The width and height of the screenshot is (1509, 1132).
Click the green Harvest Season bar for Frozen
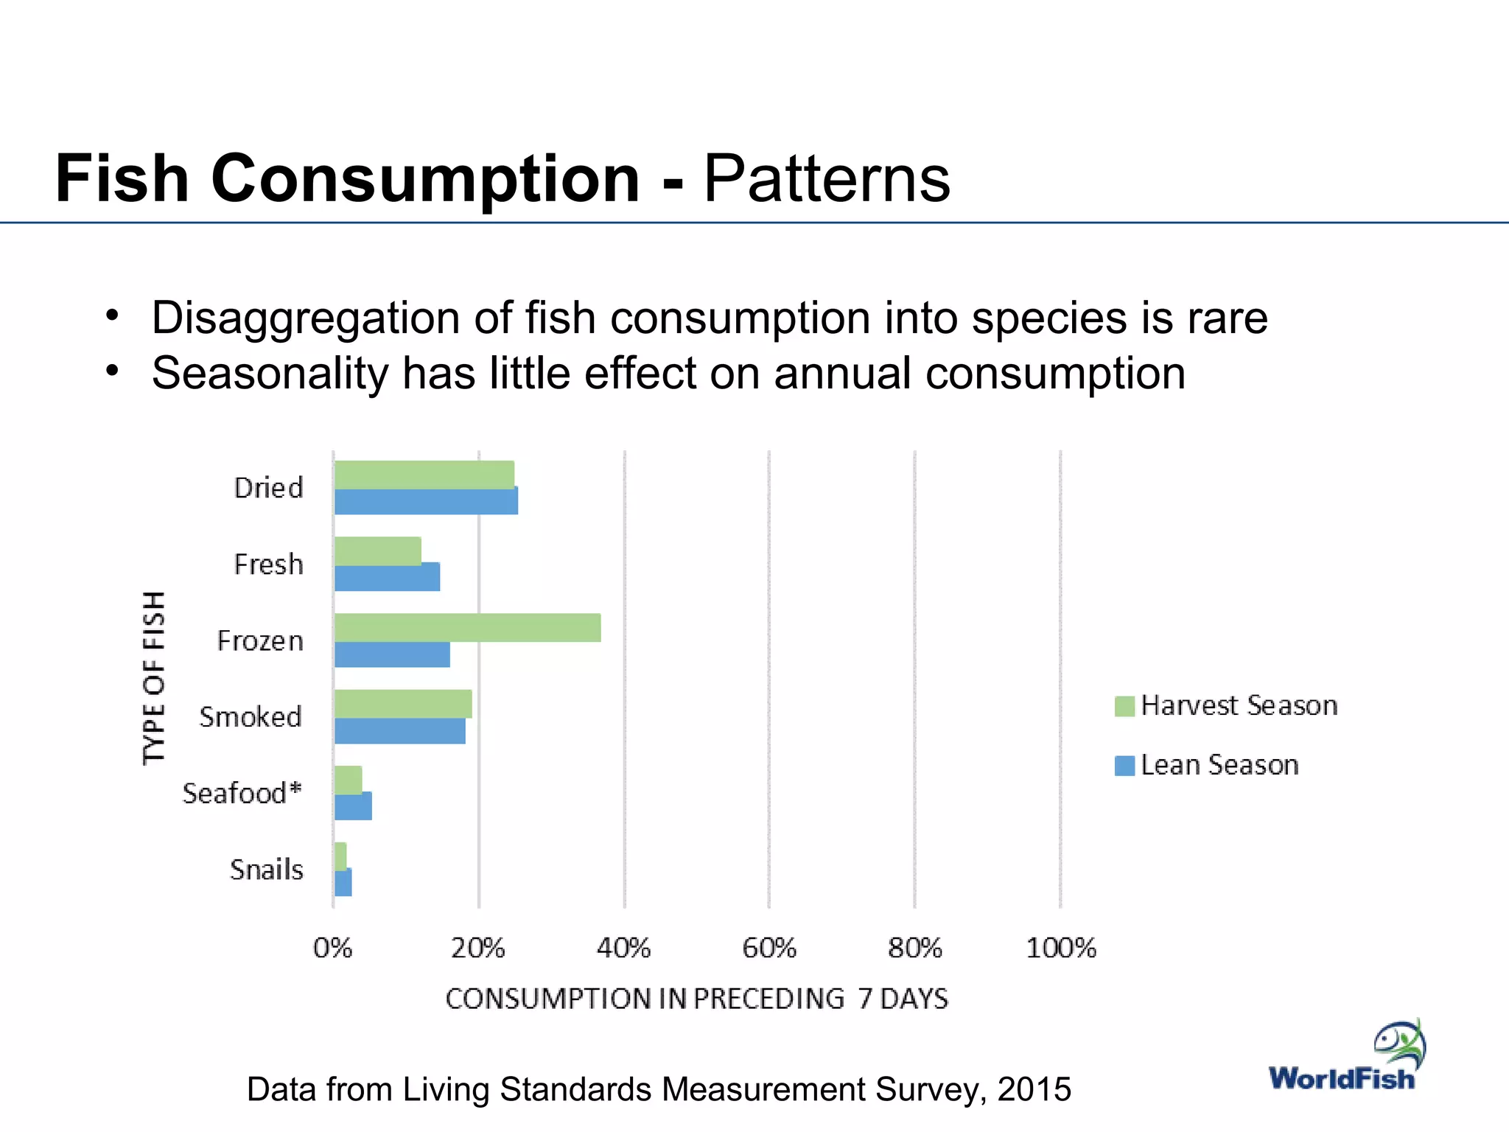tap(467, 627)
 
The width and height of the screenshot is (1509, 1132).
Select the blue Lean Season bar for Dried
tap(426, 501)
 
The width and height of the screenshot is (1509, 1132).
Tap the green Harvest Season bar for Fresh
tap(377, 551)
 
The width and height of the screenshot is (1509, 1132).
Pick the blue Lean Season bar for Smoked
tap(399, 731)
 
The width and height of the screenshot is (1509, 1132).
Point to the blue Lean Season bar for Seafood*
tap(353, 806)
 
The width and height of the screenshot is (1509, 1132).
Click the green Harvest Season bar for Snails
tap(340, 856)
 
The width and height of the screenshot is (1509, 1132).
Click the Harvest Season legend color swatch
tap(1124, 706)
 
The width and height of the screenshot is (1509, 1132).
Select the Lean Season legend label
tap(1219, 765)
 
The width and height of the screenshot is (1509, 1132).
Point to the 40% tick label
tap(623, 948)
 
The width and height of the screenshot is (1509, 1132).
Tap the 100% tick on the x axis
tap(1061, 948)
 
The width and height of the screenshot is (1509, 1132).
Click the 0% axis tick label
tap(333, 948)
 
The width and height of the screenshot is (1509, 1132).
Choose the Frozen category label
tap(260, 640)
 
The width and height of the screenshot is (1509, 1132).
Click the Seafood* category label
tap(242, 794)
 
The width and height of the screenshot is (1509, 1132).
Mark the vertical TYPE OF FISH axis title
tap(154, 678)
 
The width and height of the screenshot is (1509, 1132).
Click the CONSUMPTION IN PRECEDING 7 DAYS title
tap(696, 999)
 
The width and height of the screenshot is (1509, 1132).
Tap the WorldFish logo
tap(1347, 1058)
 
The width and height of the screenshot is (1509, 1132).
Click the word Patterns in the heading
tap(827, 178)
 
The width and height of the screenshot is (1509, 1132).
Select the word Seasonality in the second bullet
tap(270, 373)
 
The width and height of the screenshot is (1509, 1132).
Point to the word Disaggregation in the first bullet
tap(306, 318)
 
